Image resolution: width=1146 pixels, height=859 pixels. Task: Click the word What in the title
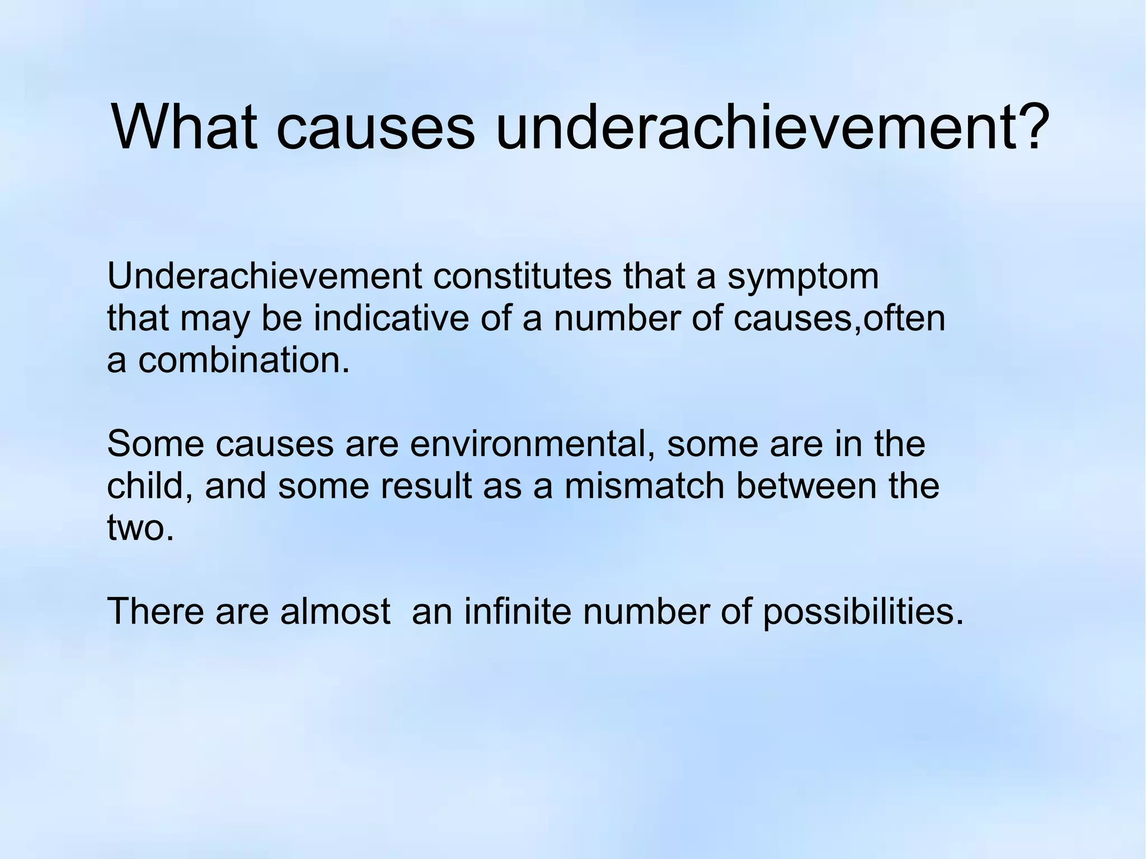184,127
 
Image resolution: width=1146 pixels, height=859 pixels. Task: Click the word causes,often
839,318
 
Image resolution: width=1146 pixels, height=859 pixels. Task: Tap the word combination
243,360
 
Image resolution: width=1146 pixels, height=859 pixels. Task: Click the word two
140,528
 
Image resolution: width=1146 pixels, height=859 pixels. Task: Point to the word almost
335,611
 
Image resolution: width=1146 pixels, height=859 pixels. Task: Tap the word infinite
517,611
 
